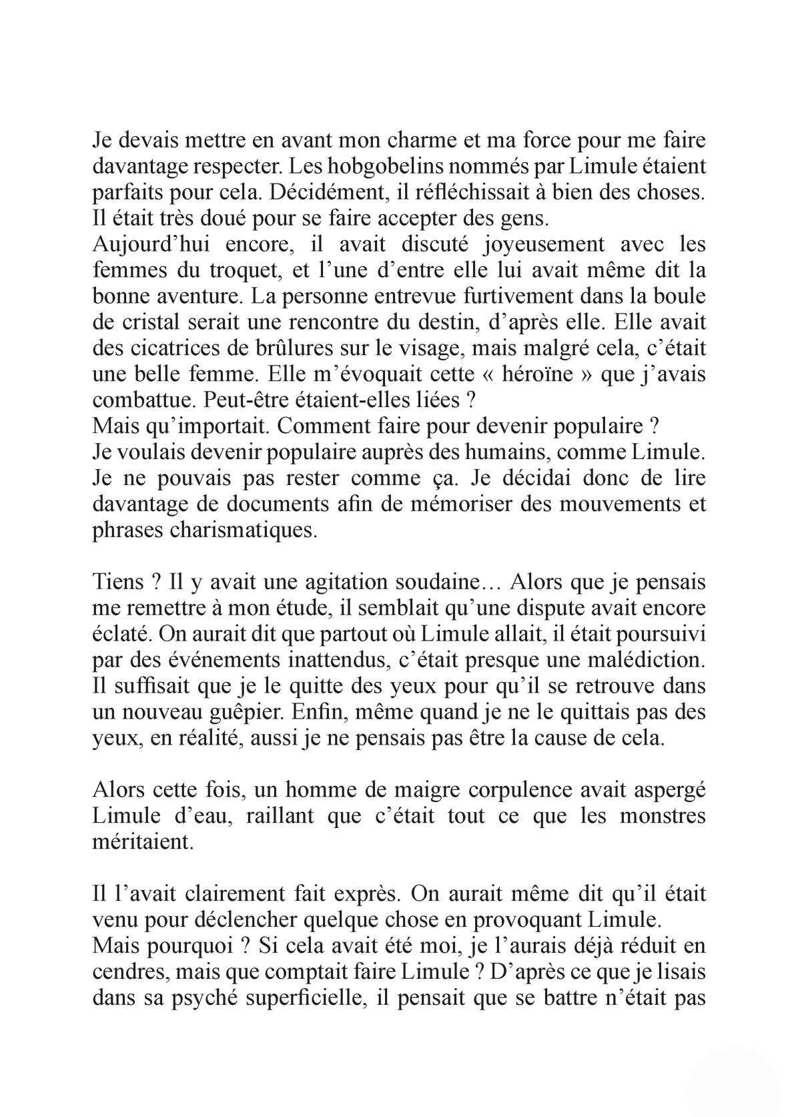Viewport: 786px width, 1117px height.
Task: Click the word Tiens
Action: pyautogui.click(x=117, y=581)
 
